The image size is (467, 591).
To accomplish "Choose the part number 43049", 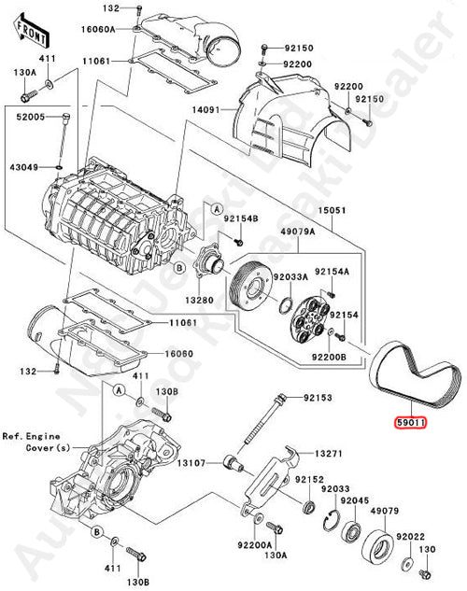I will click(x=25, y=167).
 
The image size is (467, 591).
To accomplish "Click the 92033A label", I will click(x=292, y=276).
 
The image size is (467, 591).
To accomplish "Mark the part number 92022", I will click(x=411, y=539).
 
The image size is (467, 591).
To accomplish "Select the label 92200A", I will click(x=255, y=544).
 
